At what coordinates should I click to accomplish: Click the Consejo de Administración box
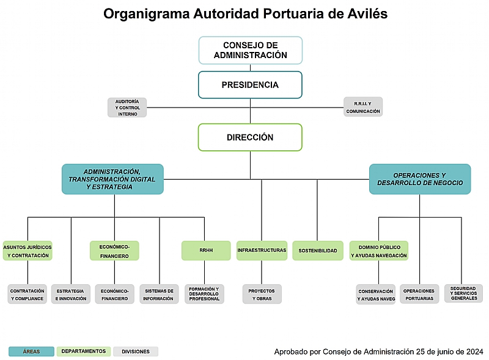click(x=250, y=50)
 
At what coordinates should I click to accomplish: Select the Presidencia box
click(x=250, y=85)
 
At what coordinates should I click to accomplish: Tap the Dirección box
click(x=250, y=138)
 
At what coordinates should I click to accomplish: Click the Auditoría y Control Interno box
click(x=127, y=108)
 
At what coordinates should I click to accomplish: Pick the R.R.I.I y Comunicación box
click(x=362, y=107)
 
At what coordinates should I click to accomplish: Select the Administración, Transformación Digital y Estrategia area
click(x=112, y=179)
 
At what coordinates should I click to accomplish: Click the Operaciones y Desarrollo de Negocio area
click(x=419, y=179)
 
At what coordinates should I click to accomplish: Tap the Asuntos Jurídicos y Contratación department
click(x=28, y=251)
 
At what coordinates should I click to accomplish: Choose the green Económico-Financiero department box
click(x=114, y=251)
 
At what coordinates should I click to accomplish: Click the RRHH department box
click(x=206, y=251)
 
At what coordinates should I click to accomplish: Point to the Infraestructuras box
click(x=262, y=251)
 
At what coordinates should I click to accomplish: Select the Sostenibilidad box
click(x=318, y=251)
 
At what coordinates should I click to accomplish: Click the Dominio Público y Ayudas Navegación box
click(x=378, y=251)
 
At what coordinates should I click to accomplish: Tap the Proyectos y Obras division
click(x=262, y=294)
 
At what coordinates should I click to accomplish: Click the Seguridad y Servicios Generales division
click(x=464, y=293)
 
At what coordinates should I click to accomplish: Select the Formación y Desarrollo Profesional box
click(x=204, y=294)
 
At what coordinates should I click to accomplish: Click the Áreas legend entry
click(x=31, y=351)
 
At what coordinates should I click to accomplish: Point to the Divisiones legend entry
click(x=136, y=351)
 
